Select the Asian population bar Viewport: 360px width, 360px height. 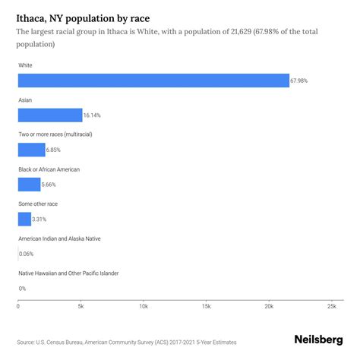click(x=50, y=115)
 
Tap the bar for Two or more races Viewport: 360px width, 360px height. click(x=32, y=150)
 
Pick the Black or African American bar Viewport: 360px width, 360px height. click(x=30, y=184)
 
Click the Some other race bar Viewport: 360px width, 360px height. click(x=25, y=219)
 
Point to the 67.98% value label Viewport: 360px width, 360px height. click(x=301, y=81)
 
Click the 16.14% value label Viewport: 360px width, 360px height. click(x=93, y=115)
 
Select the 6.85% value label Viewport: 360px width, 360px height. click(x=56, y=150)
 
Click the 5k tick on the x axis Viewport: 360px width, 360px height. click(x=81, y=306)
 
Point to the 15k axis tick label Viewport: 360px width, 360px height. click(x=206, y=306)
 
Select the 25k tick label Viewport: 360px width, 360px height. click(x=331, y=306)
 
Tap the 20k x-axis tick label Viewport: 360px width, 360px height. click(x=268, y=306)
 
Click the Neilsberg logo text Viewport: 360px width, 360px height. click(x=317, y=341)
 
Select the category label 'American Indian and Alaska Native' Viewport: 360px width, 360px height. click(x=59, y=238)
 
